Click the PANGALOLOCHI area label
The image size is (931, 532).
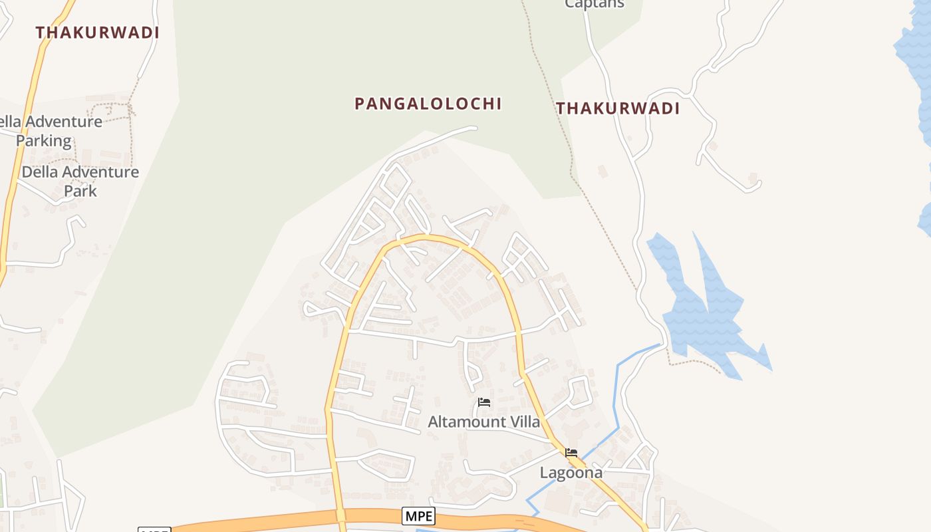428,104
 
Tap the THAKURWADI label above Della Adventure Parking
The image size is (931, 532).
97,33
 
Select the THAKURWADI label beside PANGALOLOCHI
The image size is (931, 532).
618,108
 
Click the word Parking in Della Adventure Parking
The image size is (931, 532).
44,141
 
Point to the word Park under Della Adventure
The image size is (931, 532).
80,191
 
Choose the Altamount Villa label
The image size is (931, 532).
483,422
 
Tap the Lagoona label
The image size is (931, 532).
571,473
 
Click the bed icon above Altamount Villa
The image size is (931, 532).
484,402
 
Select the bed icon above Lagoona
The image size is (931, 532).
571,453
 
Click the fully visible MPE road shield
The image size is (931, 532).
418,515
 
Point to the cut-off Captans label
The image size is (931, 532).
595,4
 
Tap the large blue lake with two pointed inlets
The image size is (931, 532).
705,313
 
